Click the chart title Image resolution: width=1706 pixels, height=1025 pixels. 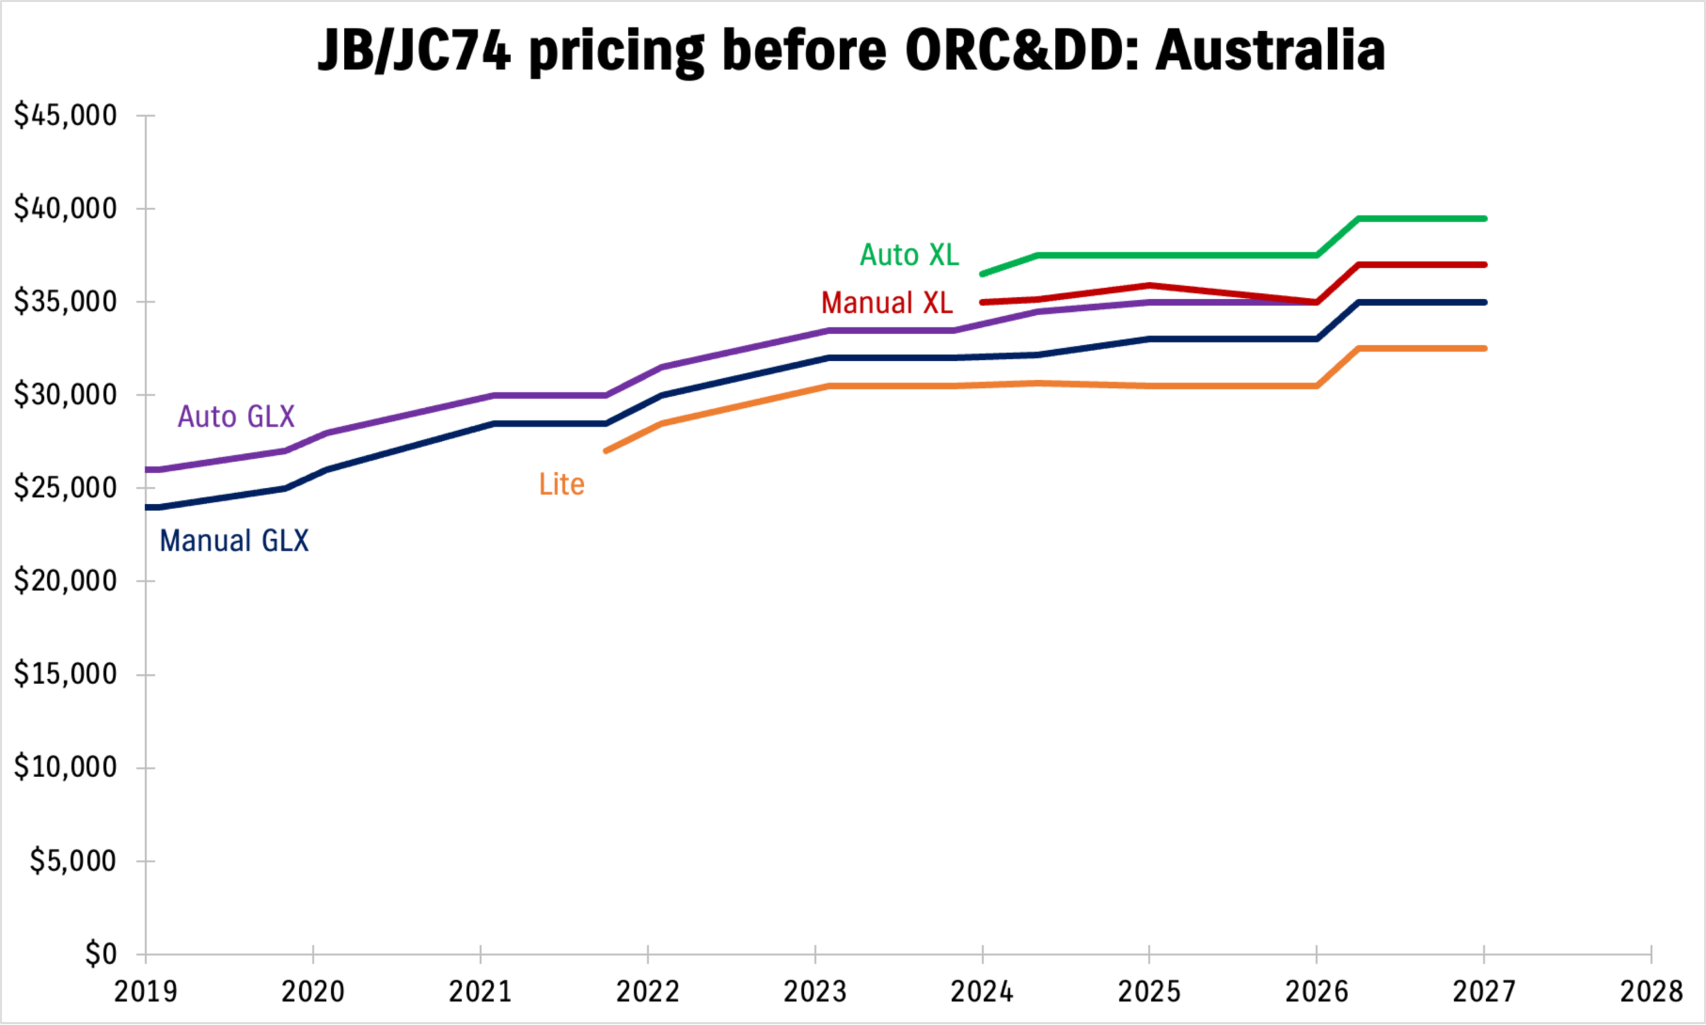(x=851, y=51)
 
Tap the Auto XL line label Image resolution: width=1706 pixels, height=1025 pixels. (x=909, y=255)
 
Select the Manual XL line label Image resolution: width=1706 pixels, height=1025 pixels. (x=887, y=303)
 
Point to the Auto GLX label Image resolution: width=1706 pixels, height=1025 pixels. (x=236, y=417)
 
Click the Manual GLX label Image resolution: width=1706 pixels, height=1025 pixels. (x=234, y=540)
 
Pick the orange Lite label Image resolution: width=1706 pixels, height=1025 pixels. (x=562, y=485)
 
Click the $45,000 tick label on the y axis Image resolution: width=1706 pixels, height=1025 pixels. (x=65, y=115)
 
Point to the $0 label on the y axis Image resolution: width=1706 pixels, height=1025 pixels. (x=101, y=954)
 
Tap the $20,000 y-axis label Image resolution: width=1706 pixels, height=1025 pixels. (x=65, y=581)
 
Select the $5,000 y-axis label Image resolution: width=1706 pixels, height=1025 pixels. (x=73, y=860)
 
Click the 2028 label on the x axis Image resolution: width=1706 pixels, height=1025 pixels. (x=1651, y=992)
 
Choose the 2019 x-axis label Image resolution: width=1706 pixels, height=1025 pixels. (x=146, y=992)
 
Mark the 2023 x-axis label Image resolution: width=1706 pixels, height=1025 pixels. (x=815, y=992)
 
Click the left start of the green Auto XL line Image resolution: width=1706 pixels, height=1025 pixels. (x=983, y=274)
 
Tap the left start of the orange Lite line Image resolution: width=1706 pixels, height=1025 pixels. (x=606, y=451)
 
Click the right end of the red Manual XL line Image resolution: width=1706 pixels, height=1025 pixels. (x=1484, y=265)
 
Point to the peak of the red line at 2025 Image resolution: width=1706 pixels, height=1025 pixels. (x=1150, y=285)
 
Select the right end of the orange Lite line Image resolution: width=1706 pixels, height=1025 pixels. (x=1484, y=349)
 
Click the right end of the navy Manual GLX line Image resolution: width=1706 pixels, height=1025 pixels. (x=1484, y=303)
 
